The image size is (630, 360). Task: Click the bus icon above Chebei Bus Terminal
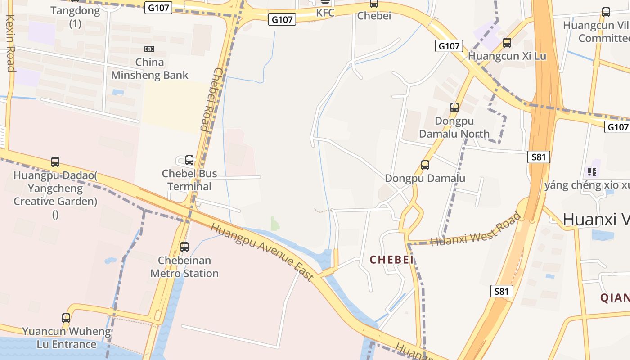[x=189, y=160]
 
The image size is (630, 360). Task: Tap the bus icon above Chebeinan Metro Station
[x=184, y=247]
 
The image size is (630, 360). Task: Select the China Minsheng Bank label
[x=149, y=69]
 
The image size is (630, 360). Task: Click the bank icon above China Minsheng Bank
[x=149, y=49]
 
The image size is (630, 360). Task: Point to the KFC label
[x=325, y=13]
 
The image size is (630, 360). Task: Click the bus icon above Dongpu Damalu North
[x=454, y=108]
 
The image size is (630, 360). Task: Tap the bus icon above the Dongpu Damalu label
[x=425, y=165]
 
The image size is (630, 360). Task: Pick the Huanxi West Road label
[x=476, y=229]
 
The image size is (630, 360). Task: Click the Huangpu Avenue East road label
[x=262, y=252]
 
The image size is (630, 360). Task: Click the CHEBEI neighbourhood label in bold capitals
[x=391, y=260]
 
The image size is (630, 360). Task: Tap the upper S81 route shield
[x=539, y=157]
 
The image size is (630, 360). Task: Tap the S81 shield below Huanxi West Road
[x=501, y=291]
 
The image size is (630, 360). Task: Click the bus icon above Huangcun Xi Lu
[x=507, y=43]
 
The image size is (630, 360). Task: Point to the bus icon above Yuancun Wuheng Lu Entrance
[x=66, y=318]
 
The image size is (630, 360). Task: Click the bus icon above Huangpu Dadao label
[x=55, y=162]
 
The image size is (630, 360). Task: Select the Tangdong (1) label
[x=75, y=17]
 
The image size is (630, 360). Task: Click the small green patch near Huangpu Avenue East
[x=275, y=224]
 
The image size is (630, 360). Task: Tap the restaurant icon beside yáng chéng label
[x=592, y=171]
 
